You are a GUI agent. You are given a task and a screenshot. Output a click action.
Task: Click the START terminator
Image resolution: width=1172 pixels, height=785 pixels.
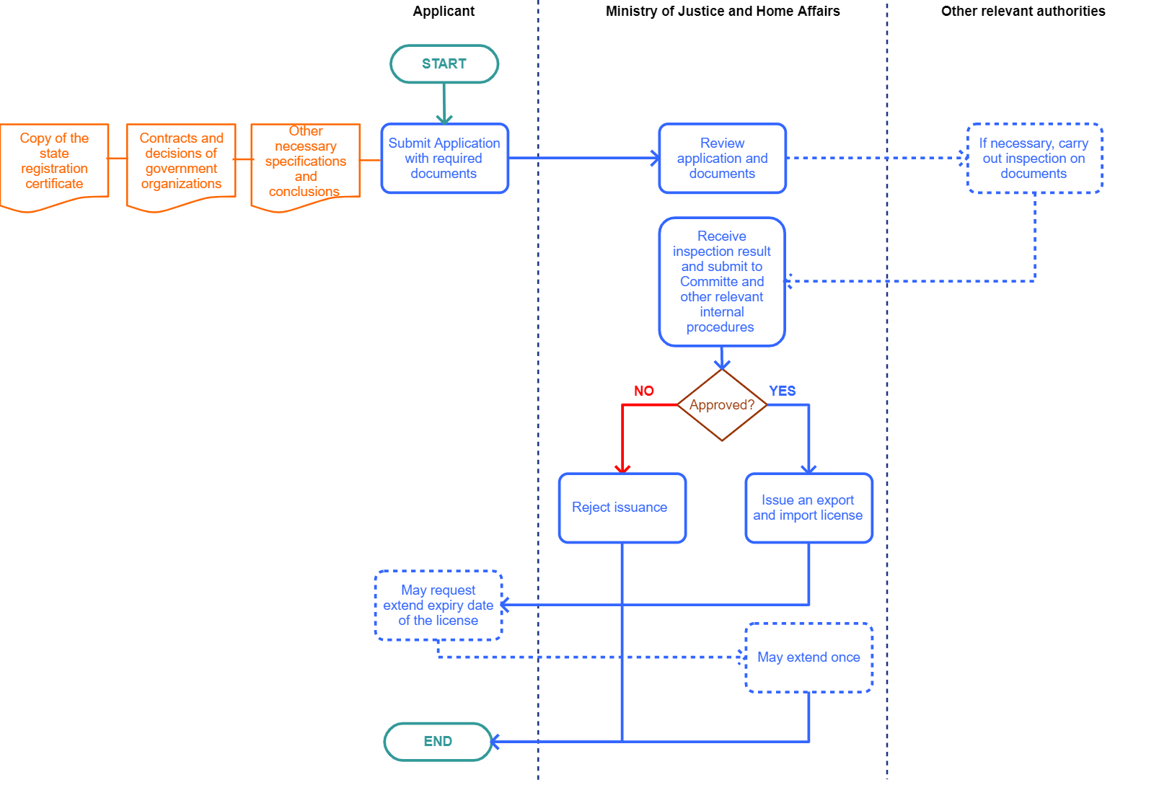pyautogui.click(x=444, y=64)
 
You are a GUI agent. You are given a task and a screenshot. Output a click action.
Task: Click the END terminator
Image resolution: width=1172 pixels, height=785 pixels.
pyautogui.click(x=438, y=741)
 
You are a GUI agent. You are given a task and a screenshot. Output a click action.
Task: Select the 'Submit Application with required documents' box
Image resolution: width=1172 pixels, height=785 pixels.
pyautogui.click(x=444, y=159)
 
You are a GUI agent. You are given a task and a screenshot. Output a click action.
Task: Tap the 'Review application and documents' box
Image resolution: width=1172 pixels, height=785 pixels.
pyautogui.click(x=722, y=159)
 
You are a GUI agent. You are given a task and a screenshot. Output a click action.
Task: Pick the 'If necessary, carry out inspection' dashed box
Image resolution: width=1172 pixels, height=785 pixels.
pyautogui.click(x=1034, y=159)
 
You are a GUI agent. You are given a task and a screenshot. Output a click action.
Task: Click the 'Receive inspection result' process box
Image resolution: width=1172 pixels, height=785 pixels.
pyautogui.click(x=721, y=281)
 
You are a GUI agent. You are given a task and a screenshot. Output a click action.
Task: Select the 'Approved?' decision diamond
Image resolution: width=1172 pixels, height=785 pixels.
pyautogui.click(x=721, y=405)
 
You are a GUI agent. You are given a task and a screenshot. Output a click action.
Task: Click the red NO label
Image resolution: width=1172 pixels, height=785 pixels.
pyautogui.click(x=644, y=391)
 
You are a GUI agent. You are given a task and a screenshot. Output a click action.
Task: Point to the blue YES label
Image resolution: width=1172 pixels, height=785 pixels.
pyautogui.click(x=782, y=391)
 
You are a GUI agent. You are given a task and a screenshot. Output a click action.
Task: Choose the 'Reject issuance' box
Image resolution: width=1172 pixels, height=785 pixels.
pyautogui.click(x=622, y=507)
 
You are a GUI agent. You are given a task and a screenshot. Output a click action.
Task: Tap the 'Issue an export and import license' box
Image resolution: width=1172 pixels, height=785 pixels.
pyautogui.click(x=808, y=507)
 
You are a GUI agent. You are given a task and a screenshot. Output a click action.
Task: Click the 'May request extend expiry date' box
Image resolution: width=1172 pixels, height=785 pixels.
pyautogui.click(x=438, y=606)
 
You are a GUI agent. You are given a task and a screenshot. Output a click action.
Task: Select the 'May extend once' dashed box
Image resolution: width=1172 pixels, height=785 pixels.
pyautogui.click(x=808, y=657)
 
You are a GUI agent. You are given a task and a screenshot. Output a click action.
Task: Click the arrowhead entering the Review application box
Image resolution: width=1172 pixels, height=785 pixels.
pyautogui.click(x=655, y=158)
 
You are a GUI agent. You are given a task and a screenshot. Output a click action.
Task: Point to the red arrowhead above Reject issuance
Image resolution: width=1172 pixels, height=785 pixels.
pyautogui.click(x=622, y=469)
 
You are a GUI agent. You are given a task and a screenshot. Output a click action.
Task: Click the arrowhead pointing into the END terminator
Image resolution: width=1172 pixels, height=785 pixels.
pyautogui.click(x=495, y=741)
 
